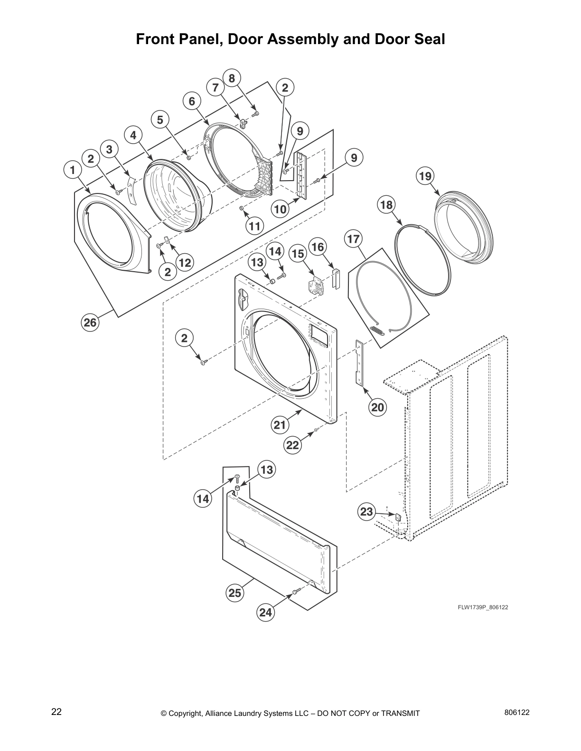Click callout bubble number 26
tap(90, 323)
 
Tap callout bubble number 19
tap(425, 176)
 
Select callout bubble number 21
tap(280, 425)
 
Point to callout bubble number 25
tap(235, 593)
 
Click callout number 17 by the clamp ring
tap(353, 239)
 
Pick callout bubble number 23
tap(366, 512)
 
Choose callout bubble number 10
tap(281, 209)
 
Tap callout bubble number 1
tap(72, 170)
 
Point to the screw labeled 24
tap(295, 592)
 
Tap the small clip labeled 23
tap(398, 516)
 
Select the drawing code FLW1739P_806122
tap(483, 607)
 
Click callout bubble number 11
tap(255, 226)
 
